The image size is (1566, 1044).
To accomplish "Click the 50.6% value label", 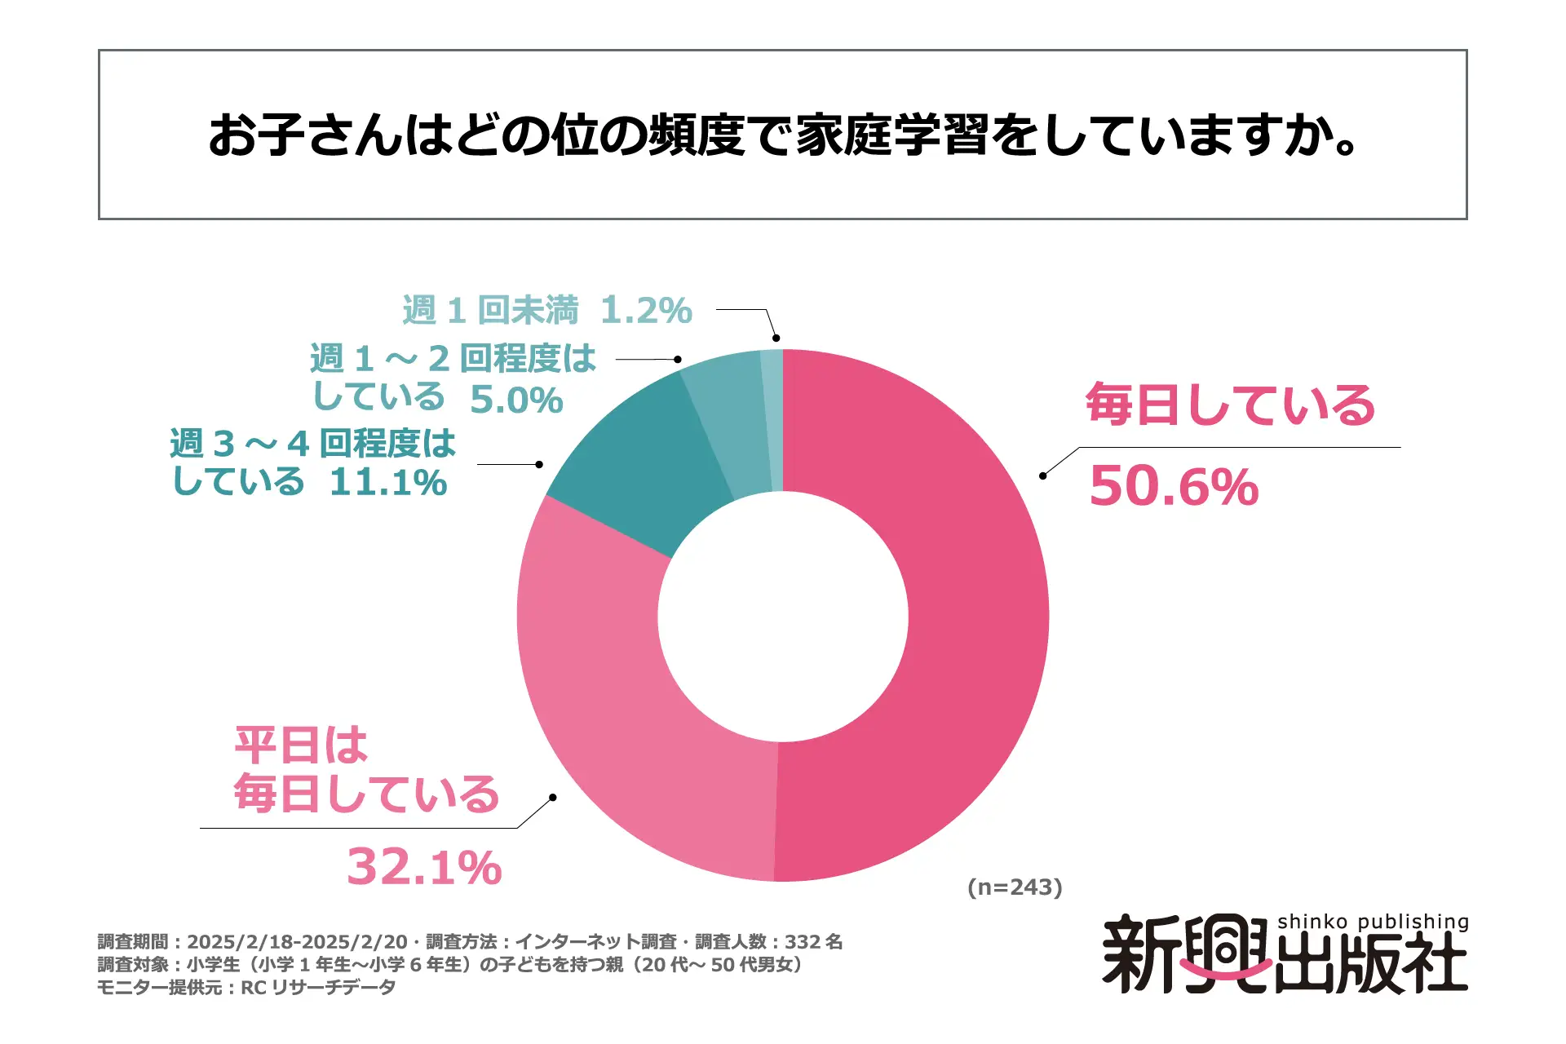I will (1174, 487).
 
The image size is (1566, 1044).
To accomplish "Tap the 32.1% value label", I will (424, 867).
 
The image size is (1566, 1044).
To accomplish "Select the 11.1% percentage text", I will (388, 483).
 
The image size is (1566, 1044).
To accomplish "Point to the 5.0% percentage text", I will (516, 400).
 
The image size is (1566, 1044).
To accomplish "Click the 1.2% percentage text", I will (646, 311).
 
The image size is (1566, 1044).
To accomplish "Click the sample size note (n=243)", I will (1015, 887).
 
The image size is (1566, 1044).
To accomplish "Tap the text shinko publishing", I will (1373, 922).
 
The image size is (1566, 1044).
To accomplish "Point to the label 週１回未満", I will (490, 311).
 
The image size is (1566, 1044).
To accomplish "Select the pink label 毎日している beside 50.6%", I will (1230, 405).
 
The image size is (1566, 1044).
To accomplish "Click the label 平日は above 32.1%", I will (301, 745).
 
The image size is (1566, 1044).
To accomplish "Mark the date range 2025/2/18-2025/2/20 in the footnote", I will (297, 942).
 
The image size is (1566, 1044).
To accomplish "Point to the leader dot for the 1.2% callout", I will (776, 338).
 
